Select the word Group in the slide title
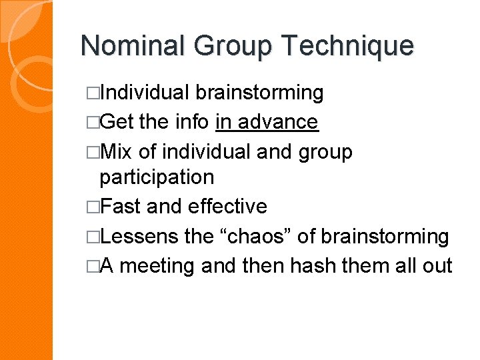tap(233, 46)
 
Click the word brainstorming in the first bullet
tap(261, 93)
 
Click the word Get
tap(119, 121)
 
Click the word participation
tap(157, 177)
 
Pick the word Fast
tap(121, 207)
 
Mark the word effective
tap(227, 207)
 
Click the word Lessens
tap(139, 237)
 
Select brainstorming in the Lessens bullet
tap(385, 237)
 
